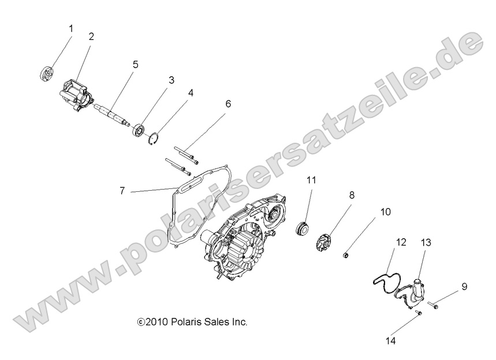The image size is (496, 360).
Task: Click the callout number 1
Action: [x=71, y=29]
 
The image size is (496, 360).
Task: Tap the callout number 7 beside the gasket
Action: [x=122, y=191]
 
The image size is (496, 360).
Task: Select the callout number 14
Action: [x=391, y=341]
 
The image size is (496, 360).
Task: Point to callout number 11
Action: [x=311, y=180]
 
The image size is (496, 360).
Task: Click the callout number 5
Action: [x=135, y=65]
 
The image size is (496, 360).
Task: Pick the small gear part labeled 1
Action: [x=47, y=73]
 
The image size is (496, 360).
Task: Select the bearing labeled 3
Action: [x=138, y=130]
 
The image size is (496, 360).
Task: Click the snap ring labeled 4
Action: [x=154, y=138]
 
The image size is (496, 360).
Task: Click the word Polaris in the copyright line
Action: [x=184, y=322]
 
